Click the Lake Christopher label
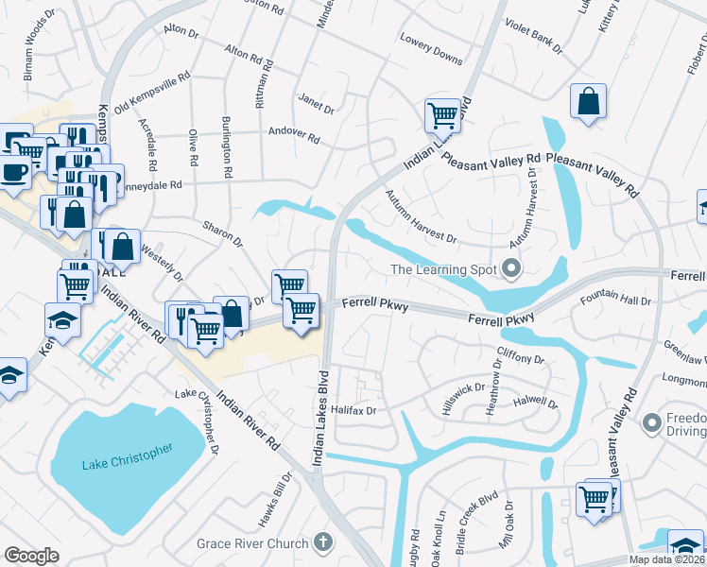click(127, 456)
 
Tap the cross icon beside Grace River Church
click(323, 542)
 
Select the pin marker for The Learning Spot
click(511, 270)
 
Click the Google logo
click(31, 556)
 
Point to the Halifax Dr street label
click(355, 410)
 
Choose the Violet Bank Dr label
click(534, 37)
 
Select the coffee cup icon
click(13, 170)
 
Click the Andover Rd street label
click(294, 134)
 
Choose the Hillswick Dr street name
click(463, 395)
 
